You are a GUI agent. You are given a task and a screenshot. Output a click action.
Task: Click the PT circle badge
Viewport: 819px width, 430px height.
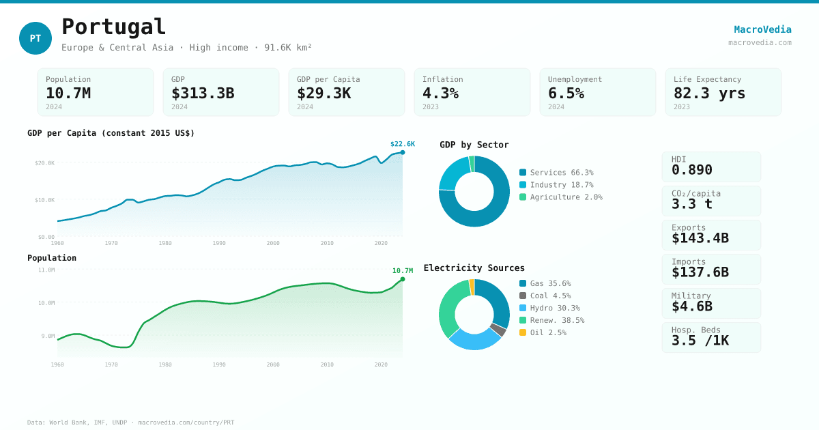pyautogui.click(x=35, y=38)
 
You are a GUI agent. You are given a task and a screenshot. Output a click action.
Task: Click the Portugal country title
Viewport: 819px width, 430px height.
pyautogui.click(x=113, y=27)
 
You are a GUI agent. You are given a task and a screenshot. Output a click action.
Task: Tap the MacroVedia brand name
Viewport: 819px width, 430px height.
pyautogui.click(x=762, y=29)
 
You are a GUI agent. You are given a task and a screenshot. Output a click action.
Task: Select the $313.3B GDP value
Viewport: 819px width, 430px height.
pyautogui.click(x=203, y=94)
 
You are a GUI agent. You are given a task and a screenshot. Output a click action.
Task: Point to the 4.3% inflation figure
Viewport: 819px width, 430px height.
pyautogui.click(x=440, y=94)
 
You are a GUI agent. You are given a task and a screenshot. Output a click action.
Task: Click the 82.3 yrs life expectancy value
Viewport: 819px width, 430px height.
pyautogui.click(x=709, y=94)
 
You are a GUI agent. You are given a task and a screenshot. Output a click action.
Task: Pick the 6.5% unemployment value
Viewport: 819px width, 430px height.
pyautogui.click(x=566, y=94)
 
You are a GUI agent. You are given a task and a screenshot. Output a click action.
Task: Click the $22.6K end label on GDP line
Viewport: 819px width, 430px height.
pyautogui.click(x=402, y=144)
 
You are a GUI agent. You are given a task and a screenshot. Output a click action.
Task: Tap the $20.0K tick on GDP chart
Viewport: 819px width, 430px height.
pyautogui.click(x=44, y=163)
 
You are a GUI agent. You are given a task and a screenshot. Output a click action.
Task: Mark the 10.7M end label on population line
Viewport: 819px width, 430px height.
pyautogui.click(x=402, y=271)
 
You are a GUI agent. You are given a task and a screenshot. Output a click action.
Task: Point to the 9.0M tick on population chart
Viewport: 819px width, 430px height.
pyautogui.click(x=48, y=336)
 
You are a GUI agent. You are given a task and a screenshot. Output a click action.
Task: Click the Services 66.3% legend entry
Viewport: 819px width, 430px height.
pyautogui.click(x=556, y=173)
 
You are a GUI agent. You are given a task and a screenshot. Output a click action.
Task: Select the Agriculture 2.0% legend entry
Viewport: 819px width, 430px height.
pyautogui.click(x=560, y=197)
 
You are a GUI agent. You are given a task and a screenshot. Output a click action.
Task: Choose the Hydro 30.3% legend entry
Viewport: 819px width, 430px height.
pyautogui.click(x=549, y=308)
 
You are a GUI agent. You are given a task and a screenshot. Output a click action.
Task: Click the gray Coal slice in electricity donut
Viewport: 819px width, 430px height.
pyautogui.click(x=498, y=330)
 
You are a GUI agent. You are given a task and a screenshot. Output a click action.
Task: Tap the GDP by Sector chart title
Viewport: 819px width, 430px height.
pyautogui.click(x=474, y=145)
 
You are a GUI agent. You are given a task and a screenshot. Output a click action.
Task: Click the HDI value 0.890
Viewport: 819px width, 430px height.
pyautogui.click(x=691, y=170)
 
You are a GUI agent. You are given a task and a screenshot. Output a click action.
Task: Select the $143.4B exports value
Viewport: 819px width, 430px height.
pyautogui.click(x=700, y=238)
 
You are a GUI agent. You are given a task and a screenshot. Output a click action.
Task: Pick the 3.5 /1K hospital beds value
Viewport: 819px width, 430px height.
pyautogui.click(x=700, y=341)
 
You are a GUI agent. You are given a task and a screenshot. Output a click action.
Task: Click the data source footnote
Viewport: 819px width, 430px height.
pyautogui.click(x=130, y=422)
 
